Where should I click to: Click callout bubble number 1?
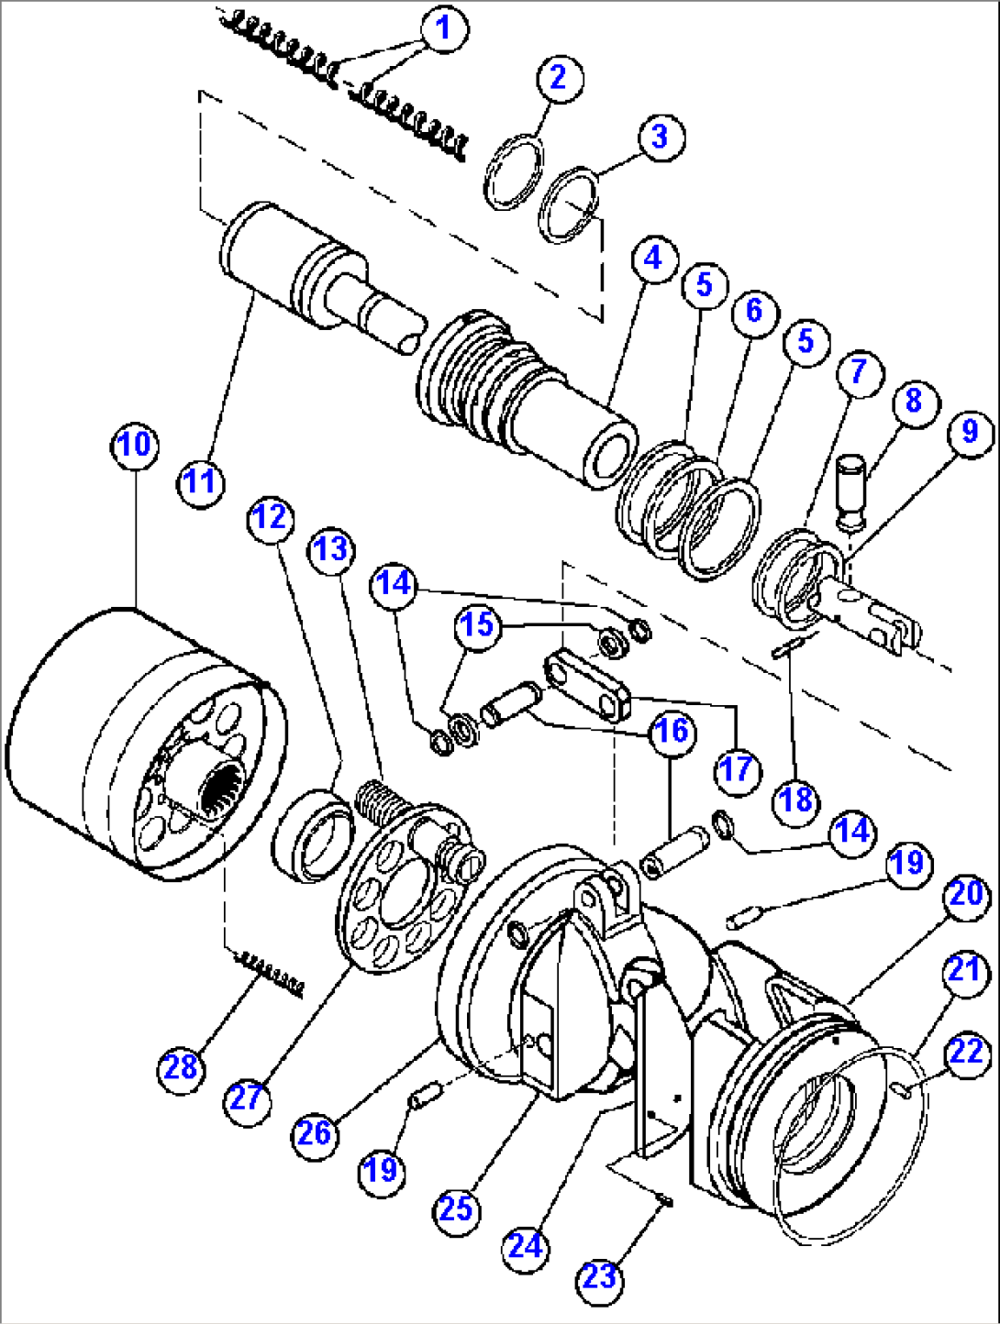point(444,28)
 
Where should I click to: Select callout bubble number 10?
point(135,445)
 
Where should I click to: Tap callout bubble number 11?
point(201,480)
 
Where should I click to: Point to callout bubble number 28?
point(182,1066)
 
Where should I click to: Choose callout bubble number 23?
point(600,1276)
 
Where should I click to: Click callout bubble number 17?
point(737,768)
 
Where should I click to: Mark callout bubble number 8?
point(912,401)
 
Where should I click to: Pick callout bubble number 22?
point(966,1053)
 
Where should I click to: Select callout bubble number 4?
point(653,259)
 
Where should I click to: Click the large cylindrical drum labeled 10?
point(110,743)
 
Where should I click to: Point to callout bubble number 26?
point(315,1133)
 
